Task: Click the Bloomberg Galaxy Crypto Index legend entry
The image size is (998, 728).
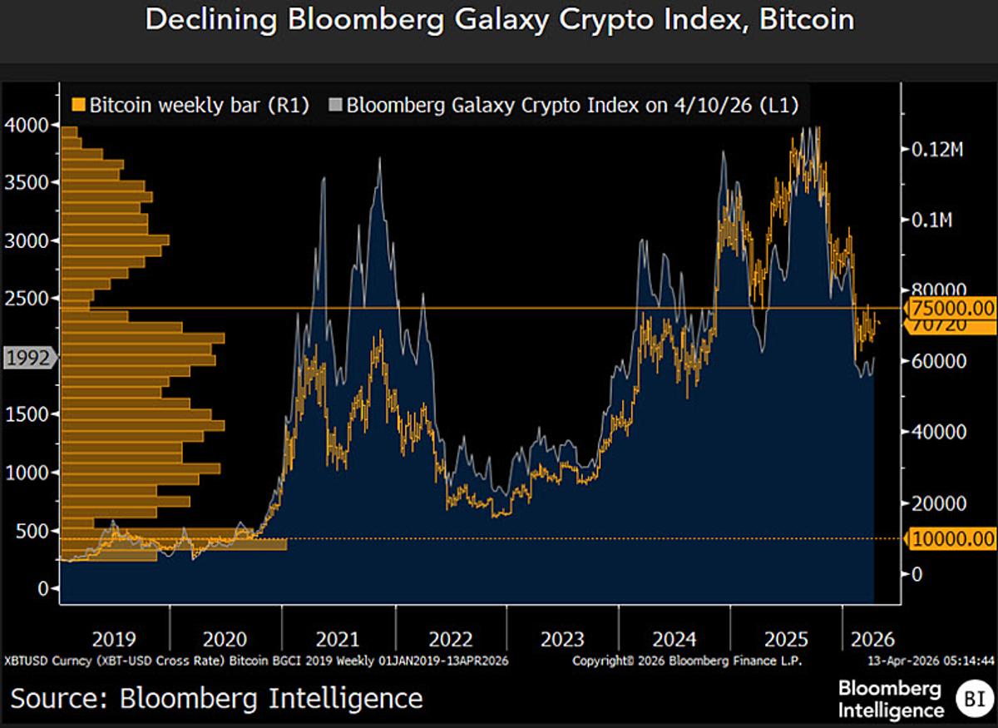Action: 566,106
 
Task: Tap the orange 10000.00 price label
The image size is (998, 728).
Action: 952,539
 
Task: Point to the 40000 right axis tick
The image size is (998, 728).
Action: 931,432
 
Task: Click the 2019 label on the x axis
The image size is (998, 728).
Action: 113,639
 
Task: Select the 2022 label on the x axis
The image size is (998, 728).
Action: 451,639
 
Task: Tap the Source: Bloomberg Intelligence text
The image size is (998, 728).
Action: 216,697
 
